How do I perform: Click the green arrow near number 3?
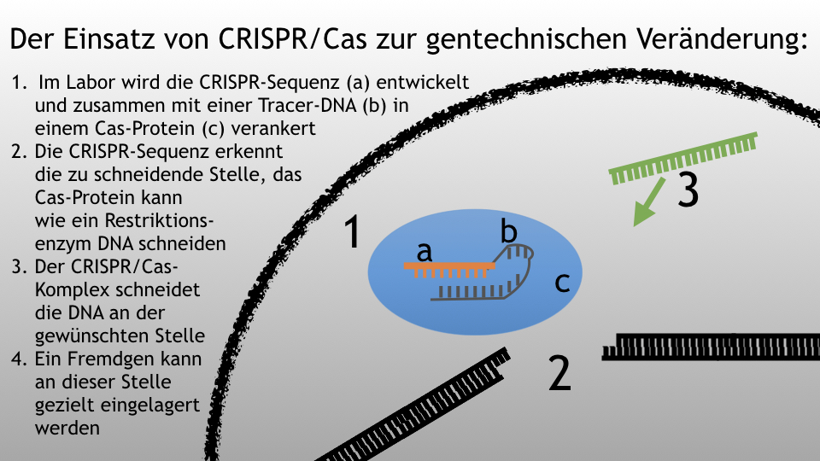pyautogui.click(x=649, y=201)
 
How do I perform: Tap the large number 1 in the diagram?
pyautogui.click(x=354, y=231)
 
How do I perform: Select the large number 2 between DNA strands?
pyautogui.click(x=560, y=373)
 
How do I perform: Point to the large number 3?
pyautogui.click(x=688, y=190)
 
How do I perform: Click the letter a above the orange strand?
pyautogui.click(x=425, y=251)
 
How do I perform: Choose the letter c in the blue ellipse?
pyautogui.click(x=562, y=283)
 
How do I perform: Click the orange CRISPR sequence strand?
pyautogui.click(x=449, y=270)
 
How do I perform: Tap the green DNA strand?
pyautogui.click(x=683, y=158)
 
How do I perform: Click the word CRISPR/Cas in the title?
pyautogui.click(x=292, y=38)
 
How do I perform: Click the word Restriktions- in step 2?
pyautogui.click(x=160, y=220)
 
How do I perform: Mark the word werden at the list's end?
pyautogui.click(x=67, y=428)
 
